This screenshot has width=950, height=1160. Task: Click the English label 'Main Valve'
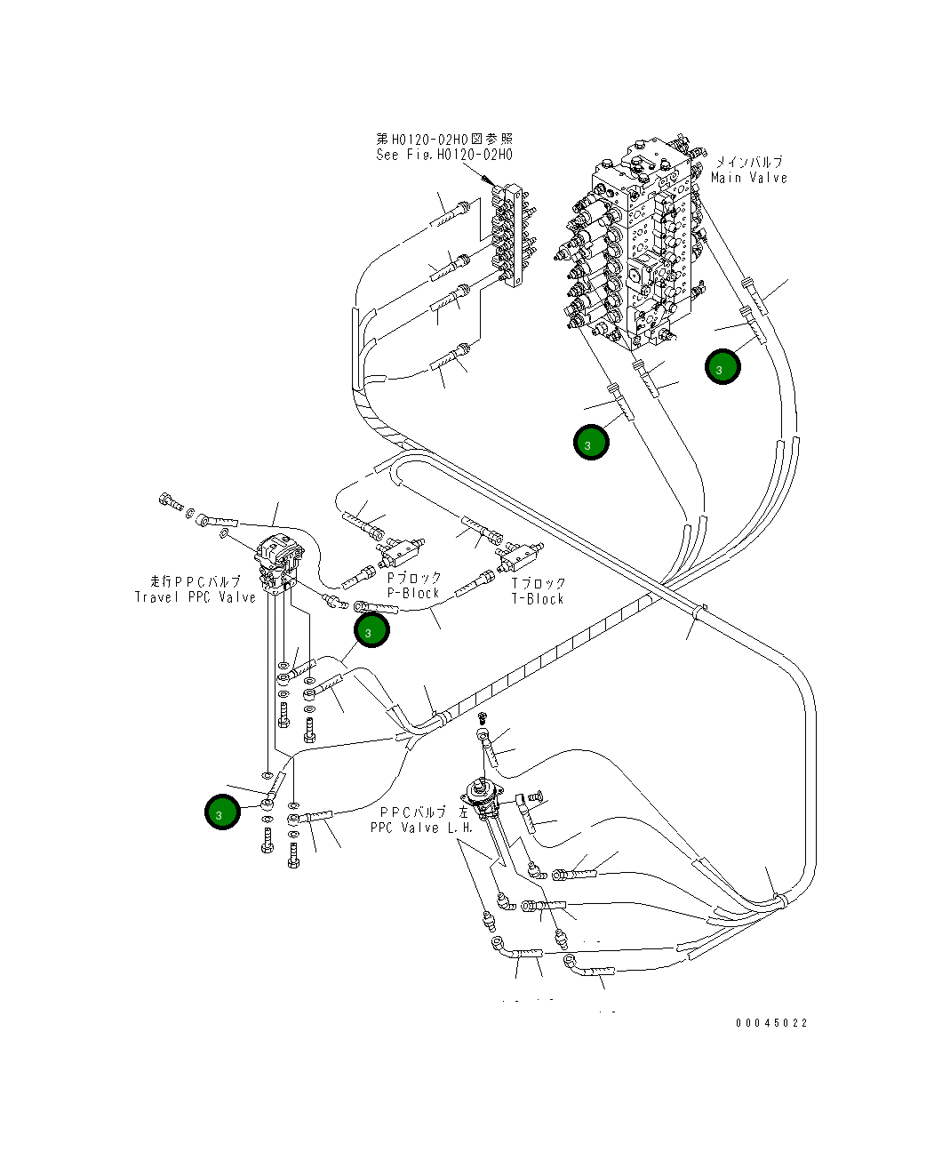click(x=748, y=178)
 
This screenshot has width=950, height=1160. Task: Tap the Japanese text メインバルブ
click(x=749, y=163)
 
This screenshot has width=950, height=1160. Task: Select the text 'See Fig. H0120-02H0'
click(x=443, y=155)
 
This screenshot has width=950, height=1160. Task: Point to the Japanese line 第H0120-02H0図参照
click(x=443, y=140)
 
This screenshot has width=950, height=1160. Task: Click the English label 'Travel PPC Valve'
click(x=195, y=596)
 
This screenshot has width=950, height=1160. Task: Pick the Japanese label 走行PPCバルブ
click(x=195, y=581)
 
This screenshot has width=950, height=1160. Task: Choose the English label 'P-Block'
click(x=413, y=593)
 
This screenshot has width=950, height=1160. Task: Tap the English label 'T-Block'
click(x=538, y=599)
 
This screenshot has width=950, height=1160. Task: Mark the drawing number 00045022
click(x=771, y=1023)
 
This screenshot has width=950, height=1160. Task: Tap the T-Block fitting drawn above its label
click(x=521, y=556)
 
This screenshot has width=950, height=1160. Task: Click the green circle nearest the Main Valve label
click(x=723, y=366)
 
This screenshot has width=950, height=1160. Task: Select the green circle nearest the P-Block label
click(x=371, y=630)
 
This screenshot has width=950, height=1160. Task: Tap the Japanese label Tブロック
click(x=538, y=584)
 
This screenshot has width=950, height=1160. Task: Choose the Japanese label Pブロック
click(x=413, y=578)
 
